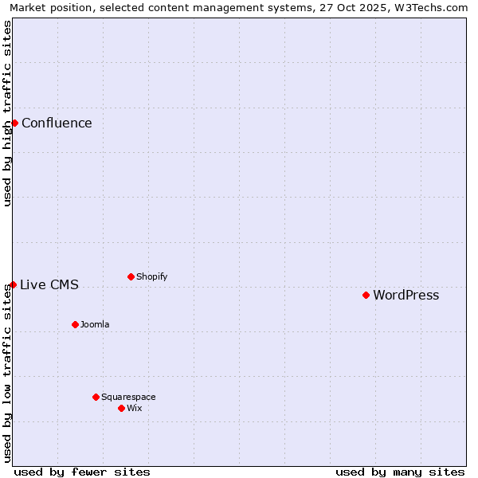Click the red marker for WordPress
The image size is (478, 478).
coord(366,295)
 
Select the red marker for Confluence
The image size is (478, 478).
coord(14,123)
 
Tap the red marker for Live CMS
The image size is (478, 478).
coord(13,284)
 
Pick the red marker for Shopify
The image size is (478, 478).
coord(131,276)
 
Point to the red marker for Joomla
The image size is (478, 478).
coord(75,324)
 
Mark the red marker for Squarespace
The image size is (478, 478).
coord(96,397)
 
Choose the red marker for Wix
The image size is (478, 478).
coord(121,408)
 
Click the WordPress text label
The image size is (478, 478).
coord(406,296)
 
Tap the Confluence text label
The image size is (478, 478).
coord(57,123)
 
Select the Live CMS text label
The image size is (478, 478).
coord(49,285)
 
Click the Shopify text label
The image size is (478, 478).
coord(151,277)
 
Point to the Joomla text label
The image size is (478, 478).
coord(95,325)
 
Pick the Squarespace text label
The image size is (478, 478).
coord(128,398)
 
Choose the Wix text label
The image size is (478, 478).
coord(134,409)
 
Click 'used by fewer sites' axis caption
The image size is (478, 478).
coord(82,472)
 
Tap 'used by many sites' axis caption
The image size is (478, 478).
coord(400,472)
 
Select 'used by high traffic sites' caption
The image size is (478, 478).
coord(7,114)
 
